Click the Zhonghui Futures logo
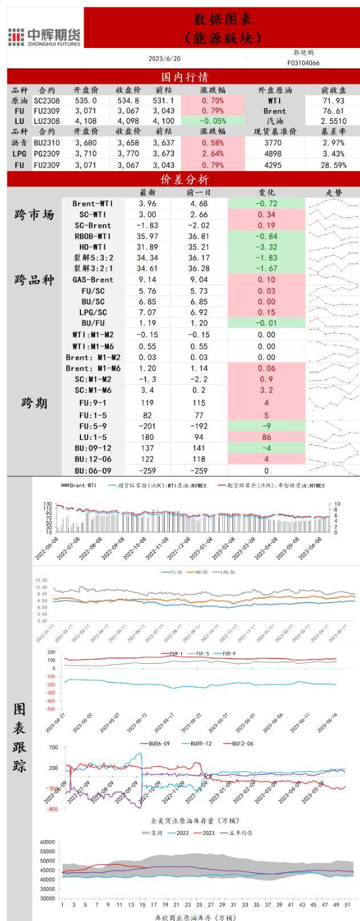coord(45,37)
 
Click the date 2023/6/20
coord(164,58)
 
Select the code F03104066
coord(303,63)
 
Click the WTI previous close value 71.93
coord(333,100)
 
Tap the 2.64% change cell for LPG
coord(212,154)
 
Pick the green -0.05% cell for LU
coord(212,121)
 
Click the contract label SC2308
coord(47,100)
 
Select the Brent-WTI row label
coord(92,204)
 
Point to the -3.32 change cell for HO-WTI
coord(266,247)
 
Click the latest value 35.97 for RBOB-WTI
coord(148,236)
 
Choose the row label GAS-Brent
coord(92,280)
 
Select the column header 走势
coord(334,193)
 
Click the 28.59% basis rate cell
coord(333,165)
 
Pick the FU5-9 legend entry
coord(228,653)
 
